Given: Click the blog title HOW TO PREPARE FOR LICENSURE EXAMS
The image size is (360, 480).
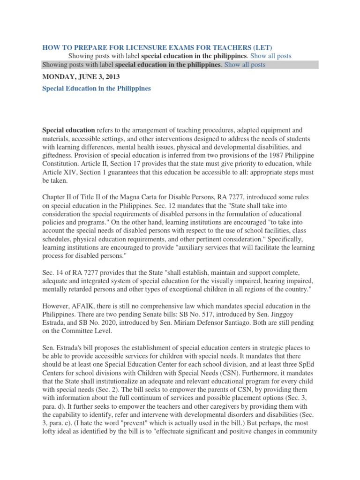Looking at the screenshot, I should [x=157, y=47].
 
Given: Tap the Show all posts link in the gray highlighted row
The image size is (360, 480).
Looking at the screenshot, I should [x=244, y=65].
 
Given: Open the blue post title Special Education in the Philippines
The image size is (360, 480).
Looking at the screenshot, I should [x=97, y=88].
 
